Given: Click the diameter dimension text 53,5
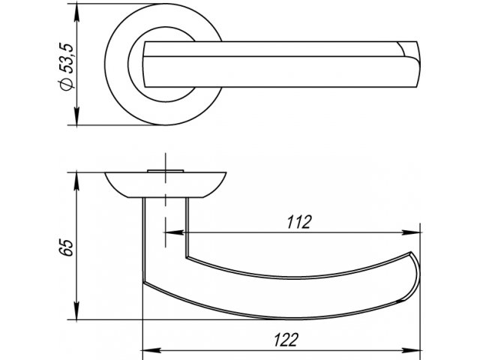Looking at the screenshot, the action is pyautogui.click(x=66, y=58).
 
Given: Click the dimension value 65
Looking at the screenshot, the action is pyautogui.click(x=66, y=247).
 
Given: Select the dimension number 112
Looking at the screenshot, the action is pyautogui.click(x=299, y=222).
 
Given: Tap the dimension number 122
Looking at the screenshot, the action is pyautogui.click(x=286, y=340).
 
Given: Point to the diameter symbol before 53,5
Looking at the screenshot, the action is pyautogui.click(x=66, y=85).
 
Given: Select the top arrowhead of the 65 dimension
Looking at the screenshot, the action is pyautogui.click(x=76, y=181).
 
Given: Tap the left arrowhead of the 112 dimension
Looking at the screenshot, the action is pyautogui.click(x=175, y=232).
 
